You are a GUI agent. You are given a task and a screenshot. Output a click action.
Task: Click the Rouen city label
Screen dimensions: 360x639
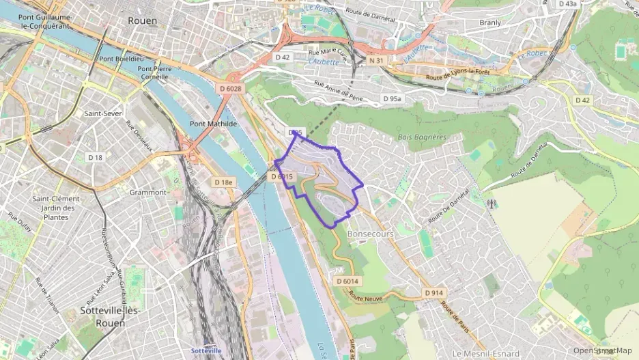[x=143, y=21]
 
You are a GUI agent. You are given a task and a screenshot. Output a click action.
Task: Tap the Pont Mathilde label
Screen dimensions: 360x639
[x=214, y=124]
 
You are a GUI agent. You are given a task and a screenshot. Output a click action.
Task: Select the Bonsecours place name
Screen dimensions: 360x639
[x=371, y=234]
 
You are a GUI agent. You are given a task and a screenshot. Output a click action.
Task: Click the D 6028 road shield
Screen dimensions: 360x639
[x=231, y=88]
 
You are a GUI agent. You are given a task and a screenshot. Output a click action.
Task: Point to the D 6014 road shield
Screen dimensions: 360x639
[x=347, y=281]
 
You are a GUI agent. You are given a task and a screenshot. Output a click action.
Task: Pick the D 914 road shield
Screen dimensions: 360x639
[x=434, y=292]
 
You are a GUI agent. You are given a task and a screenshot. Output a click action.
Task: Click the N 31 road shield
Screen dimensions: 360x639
[x=376, y=61]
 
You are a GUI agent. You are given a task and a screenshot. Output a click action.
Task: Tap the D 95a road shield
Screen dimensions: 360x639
[x=393, y=99]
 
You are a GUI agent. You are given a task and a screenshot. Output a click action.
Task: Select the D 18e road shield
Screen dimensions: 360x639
[x=223, y=182]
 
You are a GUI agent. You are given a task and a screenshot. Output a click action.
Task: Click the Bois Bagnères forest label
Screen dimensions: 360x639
[x=421, y=137]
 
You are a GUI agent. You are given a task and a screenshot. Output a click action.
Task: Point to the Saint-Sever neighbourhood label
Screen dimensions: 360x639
[x=103, y=114]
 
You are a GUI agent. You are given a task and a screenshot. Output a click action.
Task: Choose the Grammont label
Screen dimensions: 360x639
[x=148, y=193]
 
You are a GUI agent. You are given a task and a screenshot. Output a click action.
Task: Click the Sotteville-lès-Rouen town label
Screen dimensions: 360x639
[x=110, y=316]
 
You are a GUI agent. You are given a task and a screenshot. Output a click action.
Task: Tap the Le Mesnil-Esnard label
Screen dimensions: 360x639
[x=486, y=353]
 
